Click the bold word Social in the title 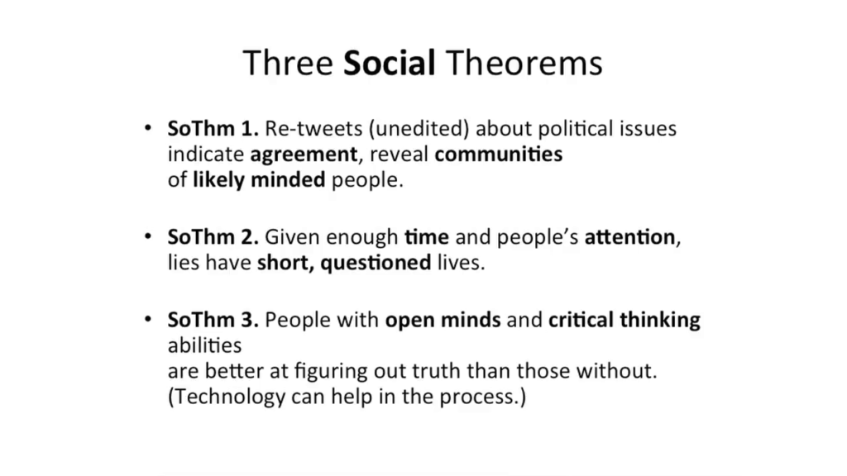(x=389, y=63)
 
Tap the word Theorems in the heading (x=524, y=63)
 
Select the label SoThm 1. (x=213, y=128)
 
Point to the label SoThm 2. (x=213, y=237)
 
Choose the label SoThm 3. (x=213, y=320)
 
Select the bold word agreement (x=304, y=155)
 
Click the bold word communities (x=499, y=155)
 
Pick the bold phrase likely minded (x=259, y=179)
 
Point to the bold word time (x=427, y=237)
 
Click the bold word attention (x=629, y=237)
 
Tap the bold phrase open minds (x=443, y=321)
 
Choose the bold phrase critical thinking (x=624, y=321)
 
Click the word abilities (x=205, y=345)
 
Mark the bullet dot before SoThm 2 (x=149, y=236)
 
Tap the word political (x=576, y=129)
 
